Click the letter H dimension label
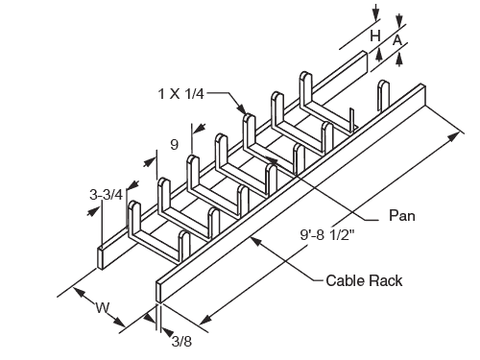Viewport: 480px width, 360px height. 375,36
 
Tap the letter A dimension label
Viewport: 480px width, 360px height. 396,40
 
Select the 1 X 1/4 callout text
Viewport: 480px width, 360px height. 181,94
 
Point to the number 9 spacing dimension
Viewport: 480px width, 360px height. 174,145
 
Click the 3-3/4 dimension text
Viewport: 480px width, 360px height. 107,195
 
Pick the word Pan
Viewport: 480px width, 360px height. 402,215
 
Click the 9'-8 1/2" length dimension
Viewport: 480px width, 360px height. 327,235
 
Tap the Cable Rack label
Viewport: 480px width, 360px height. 364,280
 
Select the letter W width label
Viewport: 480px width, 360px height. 103,308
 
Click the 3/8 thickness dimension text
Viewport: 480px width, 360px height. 181,341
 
